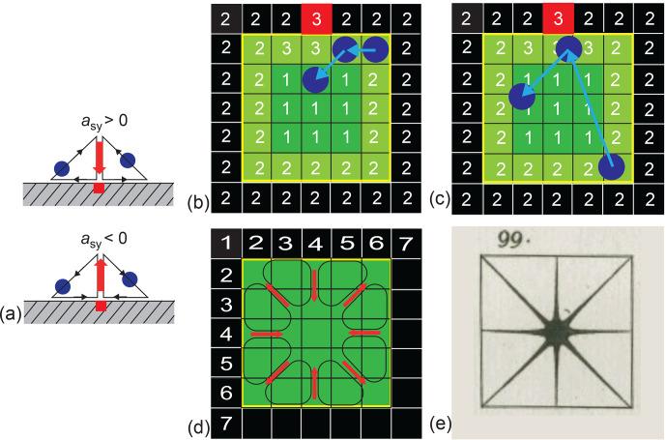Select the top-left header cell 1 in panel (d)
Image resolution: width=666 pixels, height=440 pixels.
(x=225, y=244)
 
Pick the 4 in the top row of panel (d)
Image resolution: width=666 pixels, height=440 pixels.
(x=315, y=244)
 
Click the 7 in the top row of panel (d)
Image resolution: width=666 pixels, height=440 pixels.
(x=405, y=244)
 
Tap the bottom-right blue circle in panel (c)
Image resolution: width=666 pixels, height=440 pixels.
(x=612, y=168)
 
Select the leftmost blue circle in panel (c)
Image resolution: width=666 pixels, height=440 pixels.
(x=522, y=97)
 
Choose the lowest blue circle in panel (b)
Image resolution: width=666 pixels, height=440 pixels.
(x=314, y=81)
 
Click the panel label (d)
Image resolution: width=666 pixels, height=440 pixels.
(x=197, y=424)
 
